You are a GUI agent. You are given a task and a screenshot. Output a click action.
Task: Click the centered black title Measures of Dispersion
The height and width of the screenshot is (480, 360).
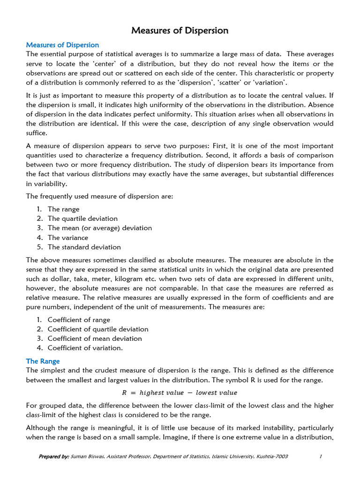pos(180,31)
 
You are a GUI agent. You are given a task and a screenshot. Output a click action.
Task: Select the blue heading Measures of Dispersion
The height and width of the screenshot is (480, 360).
pos(62,45)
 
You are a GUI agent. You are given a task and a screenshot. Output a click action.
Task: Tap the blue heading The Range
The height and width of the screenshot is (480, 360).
pos(43,361)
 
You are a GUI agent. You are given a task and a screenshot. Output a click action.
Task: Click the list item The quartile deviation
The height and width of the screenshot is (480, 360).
pos(82,218)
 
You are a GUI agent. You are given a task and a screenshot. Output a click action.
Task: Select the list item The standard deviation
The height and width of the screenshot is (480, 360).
pos(84,247)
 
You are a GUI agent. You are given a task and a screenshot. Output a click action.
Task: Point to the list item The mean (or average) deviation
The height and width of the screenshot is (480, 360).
pos(99,228)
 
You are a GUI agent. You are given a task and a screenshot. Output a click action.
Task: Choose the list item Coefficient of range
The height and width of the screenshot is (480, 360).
pos(79,320)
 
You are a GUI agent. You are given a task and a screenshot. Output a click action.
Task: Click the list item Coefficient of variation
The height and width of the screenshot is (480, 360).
pos(85,348)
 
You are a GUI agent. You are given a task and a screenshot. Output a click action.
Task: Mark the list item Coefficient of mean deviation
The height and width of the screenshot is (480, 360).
pos(95,338)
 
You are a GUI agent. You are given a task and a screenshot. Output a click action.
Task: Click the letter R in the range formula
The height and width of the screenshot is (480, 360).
pos(124,393)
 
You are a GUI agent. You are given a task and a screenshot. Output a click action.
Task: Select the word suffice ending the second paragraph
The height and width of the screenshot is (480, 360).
pos(37,133)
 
